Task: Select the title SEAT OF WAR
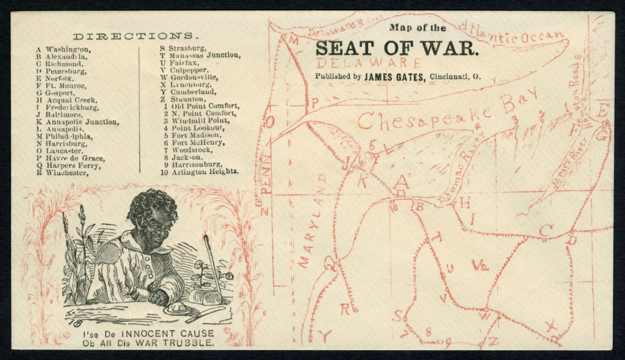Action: click(397, 47)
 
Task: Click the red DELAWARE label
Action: click(369, 62)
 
